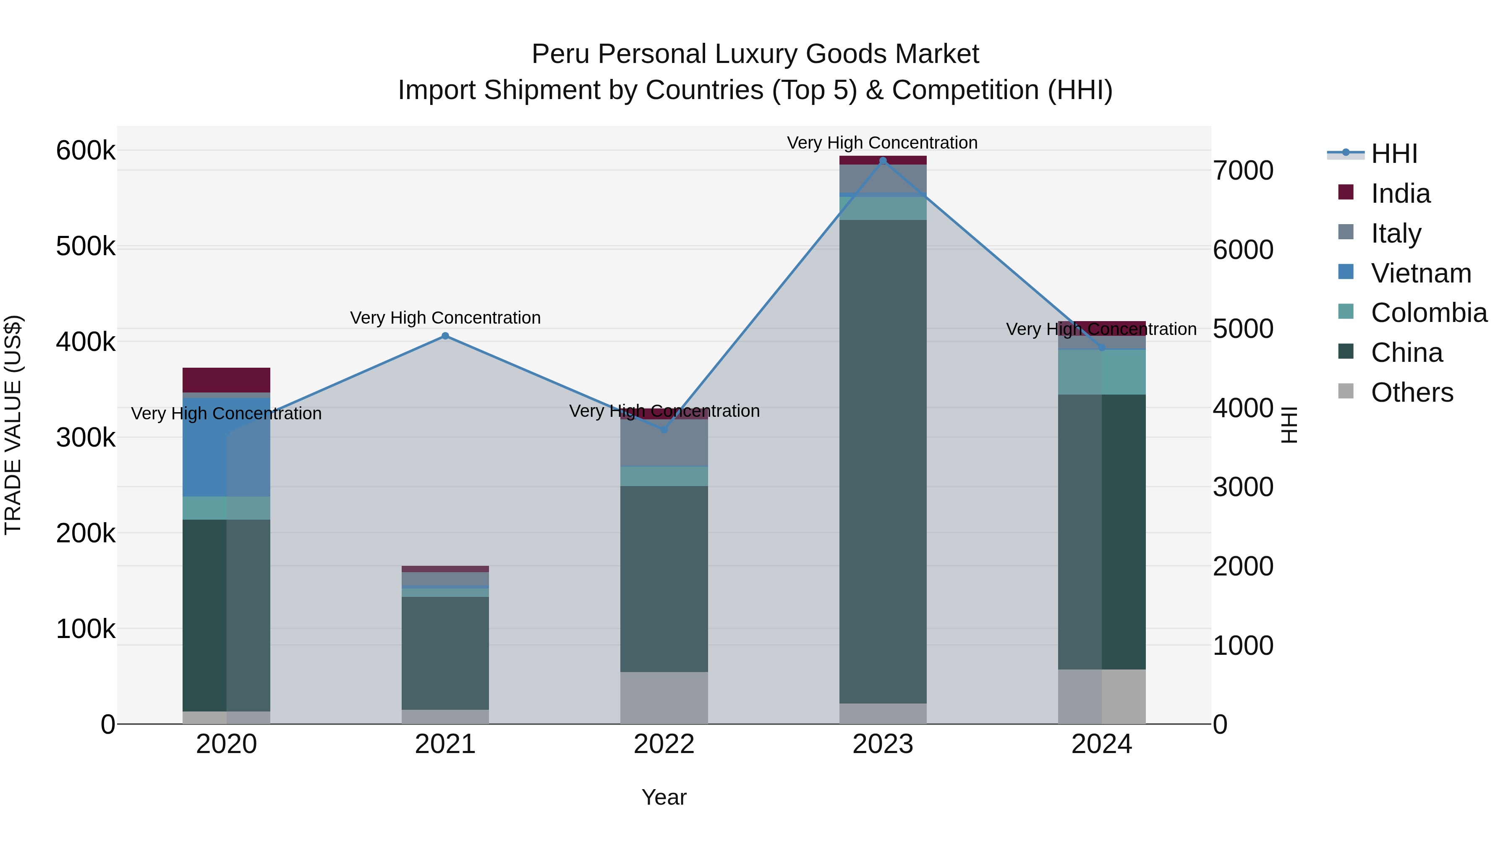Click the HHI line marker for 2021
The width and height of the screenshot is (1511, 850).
point(445,336)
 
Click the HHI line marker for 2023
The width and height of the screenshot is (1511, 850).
point(883,161)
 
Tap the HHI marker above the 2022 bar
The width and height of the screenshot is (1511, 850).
point(664,429)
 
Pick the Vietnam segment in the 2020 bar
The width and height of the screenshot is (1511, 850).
point(226,447)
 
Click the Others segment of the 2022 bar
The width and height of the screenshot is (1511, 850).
point(664,698)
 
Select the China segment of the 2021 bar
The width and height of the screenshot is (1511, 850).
point(445,653)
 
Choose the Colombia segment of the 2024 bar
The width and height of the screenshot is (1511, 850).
point(1102,372)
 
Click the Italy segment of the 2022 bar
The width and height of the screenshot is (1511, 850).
point(664,442)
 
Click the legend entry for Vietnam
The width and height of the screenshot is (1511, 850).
point(1421,273)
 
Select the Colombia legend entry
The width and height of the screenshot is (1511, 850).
point(1428,313)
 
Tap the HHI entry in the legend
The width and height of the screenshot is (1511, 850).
point(1393,154)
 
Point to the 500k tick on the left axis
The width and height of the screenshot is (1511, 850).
point(86,246)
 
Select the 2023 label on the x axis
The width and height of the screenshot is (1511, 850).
point(883,744)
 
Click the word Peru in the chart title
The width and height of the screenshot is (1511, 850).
point(560,54)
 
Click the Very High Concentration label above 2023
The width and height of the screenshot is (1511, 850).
point(882,143)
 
